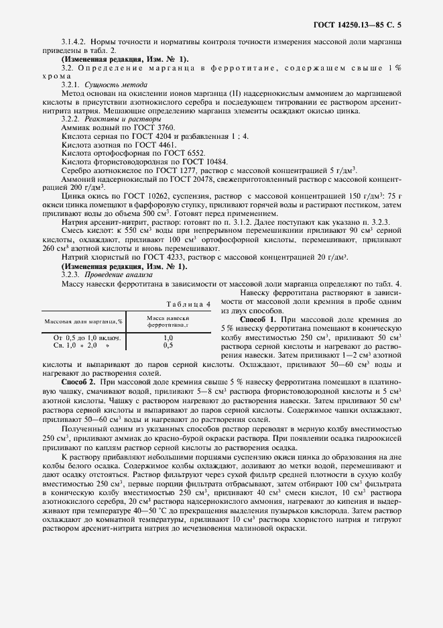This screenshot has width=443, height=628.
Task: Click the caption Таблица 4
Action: (x=188, y=304)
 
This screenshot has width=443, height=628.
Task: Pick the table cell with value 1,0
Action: (x=168, y=337)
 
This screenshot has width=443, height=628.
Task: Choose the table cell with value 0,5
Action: (x=168, y=345)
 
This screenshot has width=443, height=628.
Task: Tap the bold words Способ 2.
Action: (x=79, y=381)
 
